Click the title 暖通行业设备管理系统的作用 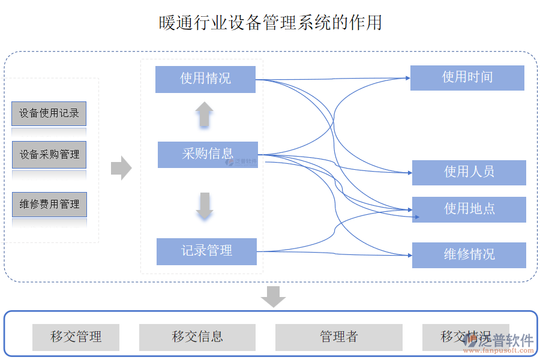pyautogui.click(x=270, y=23)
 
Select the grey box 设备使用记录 pyautogui.click(x=49, y=113)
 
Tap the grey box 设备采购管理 pyautogui.click(x=49, y=155)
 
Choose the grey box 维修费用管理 pyautogui.click(x=49, y=205)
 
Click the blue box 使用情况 pyautogui.click(x=205, y=79)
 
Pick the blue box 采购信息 pyautogui.click(x=208, y=154)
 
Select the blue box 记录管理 pyautogui.click(x=206, y=251)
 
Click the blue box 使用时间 pyautogui.click(x=467, y=77)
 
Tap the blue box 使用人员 pyautogui.click(x=469, y=172)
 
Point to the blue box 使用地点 pyautogui.click(x=469, y=209)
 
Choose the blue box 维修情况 pyautogui.click(x=469, y=255)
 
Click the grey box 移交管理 pyautogui.click(x=76, y=337)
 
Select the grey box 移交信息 pyautogui.click(x=197, y=337)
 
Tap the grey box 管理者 pyautogui.click(x=338, y=337)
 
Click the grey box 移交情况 pyautogui.click(x=459, y=337)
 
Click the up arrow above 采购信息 pyautogui.click(x=204, y=114)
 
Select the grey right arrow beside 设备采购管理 pyautogui.click(x=121, y=168)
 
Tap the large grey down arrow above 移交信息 pyautogui.click(x=274, y=296)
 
